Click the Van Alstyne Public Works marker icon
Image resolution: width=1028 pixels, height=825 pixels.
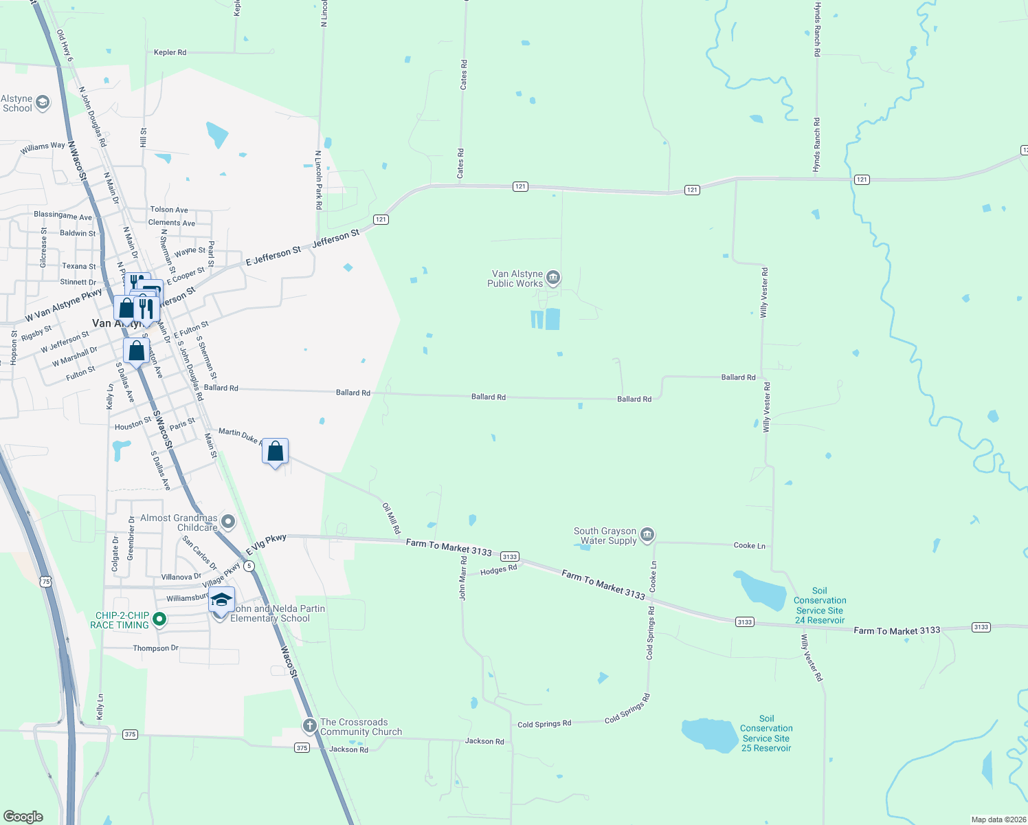coord(553,278)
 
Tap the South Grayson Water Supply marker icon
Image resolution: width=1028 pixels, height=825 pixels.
coord(647,535)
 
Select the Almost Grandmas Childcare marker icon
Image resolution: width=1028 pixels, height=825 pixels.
coord(228,522)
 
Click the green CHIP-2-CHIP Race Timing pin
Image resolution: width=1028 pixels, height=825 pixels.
coord(159,619)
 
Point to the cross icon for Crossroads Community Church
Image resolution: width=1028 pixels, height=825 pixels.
coord(309,725)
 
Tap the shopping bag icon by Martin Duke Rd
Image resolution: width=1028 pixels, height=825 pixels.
coord(275,452)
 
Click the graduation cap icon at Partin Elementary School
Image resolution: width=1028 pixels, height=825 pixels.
coord(221,601)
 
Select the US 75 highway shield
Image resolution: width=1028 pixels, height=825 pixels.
coord(45,582)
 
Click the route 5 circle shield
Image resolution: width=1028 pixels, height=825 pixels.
coord(249,566)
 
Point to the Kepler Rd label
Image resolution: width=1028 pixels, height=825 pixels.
coord(170,52)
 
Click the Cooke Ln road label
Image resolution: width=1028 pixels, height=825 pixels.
coord(749,545)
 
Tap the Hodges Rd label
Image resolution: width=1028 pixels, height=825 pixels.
coord(498,570)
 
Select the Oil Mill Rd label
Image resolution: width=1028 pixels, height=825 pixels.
coord(391,518)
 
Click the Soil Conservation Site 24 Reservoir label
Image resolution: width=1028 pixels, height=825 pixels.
coord(820,606)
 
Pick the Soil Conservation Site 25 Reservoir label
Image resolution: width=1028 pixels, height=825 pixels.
coord(766,734)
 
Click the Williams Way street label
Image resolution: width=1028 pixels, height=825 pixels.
coord(43,147)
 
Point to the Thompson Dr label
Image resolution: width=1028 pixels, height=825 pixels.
coord(155,648)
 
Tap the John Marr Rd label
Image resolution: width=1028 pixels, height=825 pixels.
coord(463,578)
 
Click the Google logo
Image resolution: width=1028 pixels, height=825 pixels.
coord(23,817)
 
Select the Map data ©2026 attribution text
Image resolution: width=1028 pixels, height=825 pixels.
coord(998,819)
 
